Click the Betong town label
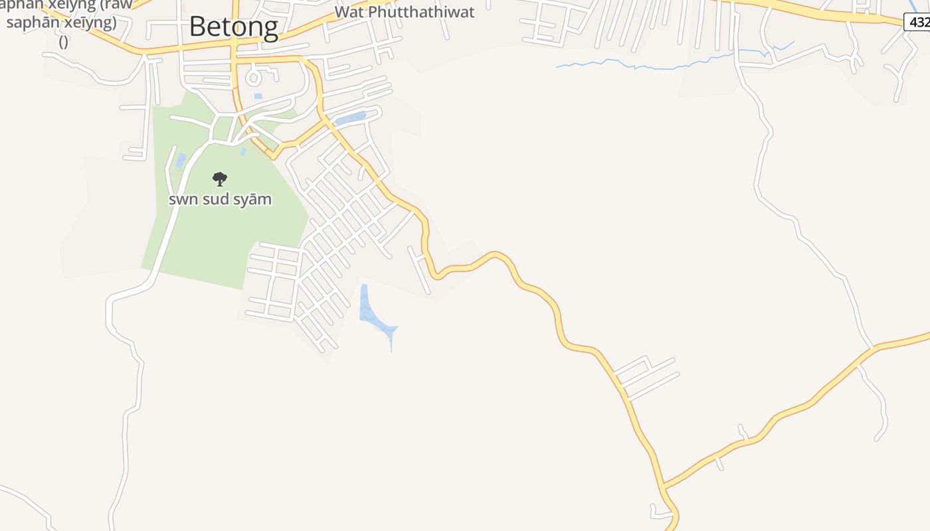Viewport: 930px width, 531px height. pyautogui.click(x=233, y=27)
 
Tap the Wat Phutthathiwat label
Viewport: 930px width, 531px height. pyautogui.click(x=405, y=12)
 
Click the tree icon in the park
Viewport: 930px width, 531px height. pyautogui.click(x=220, y=179)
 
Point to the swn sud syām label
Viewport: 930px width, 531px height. pyautogui.click(x=220, y=199)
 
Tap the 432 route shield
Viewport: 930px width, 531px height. pyautogui.click(x=919, y=22)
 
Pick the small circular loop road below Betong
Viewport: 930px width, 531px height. pyautogui.click(x=253, y=78)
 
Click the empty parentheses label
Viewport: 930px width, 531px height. pyautogui.click(x=63, y=42)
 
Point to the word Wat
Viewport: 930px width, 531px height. pyautogui.click(x=349, y=12)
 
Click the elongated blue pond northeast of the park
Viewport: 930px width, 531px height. pyautogui.click(x=350, y=119)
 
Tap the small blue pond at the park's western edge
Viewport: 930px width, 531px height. pyautogui.click(x=181, y=161)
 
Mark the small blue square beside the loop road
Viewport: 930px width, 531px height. pyautogui.click(x=258, y=96)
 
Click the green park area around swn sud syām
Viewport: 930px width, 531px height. pyautogui.click(x=226, y=239)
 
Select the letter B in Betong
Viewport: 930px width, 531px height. pyautogui.click(x=197, y=27)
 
